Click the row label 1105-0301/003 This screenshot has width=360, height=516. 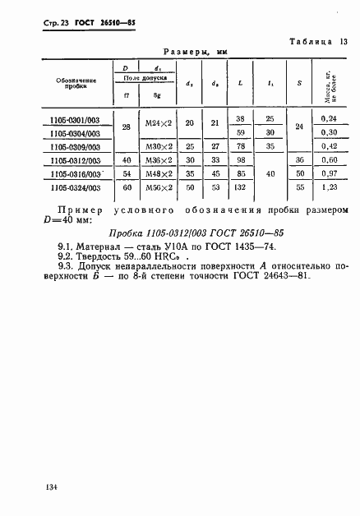(76, 119)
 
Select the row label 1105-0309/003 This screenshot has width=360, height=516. (76, 147)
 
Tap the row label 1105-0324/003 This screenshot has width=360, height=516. (76, 188)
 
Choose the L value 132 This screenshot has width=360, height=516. (241, 188)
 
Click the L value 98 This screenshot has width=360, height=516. (241, 160)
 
